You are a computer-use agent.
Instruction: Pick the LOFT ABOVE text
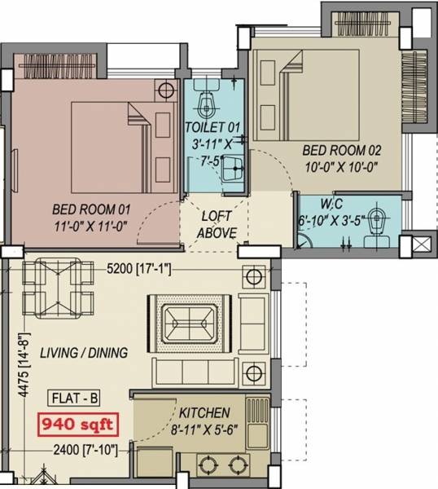pyautogui.click(x=217, y=226)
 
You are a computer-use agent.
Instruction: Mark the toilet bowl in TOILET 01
pyautogui.click(x=208, y=101)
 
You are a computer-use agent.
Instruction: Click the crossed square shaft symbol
pyautogui.click(x=422, y=245)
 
